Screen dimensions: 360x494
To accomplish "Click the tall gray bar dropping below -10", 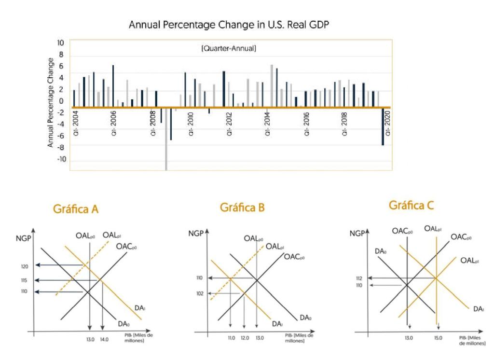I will (166, 140).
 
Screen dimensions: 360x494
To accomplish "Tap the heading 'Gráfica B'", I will (242, 208).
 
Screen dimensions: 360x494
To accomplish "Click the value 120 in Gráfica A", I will (24, 265).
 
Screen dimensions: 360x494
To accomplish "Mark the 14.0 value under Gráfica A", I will (104, 339).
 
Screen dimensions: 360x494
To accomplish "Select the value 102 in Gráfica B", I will (200, 293).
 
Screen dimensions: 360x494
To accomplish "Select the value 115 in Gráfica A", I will (24, 280).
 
